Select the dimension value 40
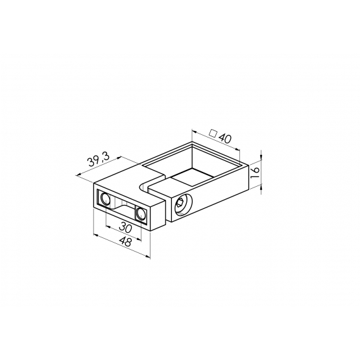point(225,138)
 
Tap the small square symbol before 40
point(213,133)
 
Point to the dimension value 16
point(255,173)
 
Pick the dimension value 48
point(126,242)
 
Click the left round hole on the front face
point(105,198)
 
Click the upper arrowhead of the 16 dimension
point(261,156)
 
